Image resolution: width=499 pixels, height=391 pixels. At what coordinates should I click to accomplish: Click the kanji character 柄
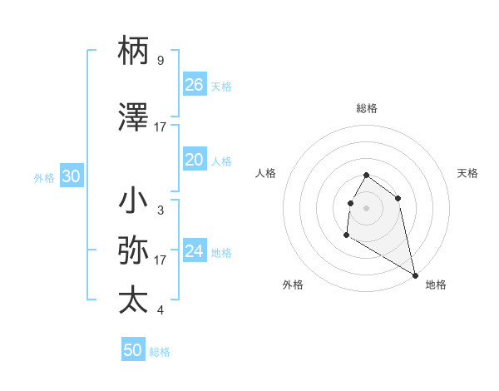click(133, 51)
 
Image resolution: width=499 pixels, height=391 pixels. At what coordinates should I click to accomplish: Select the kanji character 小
click(133, 201)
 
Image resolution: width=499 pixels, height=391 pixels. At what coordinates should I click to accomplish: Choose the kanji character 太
click(133, 299)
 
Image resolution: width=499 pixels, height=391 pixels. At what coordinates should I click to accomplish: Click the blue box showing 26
click(195, 85)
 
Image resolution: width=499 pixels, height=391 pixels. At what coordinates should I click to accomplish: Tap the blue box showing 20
click(195, 160)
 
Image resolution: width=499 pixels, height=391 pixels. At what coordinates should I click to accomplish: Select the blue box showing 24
click(195, 251)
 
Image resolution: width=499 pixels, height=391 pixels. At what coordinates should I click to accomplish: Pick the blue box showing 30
click(72, 176)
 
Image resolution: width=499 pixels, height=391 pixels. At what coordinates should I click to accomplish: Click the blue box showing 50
click(133, 350)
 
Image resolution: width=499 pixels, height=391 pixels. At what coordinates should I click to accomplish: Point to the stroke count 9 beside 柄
click(161, 61)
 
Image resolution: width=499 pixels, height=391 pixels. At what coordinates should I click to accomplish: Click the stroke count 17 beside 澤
click(161, 127)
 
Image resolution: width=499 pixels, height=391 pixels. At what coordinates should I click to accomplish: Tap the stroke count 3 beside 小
click(161, 210)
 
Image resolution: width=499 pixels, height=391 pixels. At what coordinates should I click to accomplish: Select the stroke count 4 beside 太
click(161, 310)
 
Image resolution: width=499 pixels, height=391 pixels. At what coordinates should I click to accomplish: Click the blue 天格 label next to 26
click(221, 87)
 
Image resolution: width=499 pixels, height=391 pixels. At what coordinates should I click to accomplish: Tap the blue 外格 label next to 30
click(44, 178)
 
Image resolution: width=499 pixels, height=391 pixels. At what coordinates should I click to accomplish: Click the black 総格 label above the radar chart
click(366, 108)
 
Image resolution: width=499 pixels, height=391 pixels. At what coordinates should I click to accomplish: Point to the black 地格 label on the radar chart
click(436, 285)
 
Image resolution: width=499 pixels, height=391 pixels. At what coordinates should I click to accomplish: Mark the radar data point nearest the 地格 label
click(416, 276)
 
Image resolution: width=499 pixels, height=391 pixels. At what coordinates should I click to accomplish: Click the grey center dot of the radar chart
click(366, 207)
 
